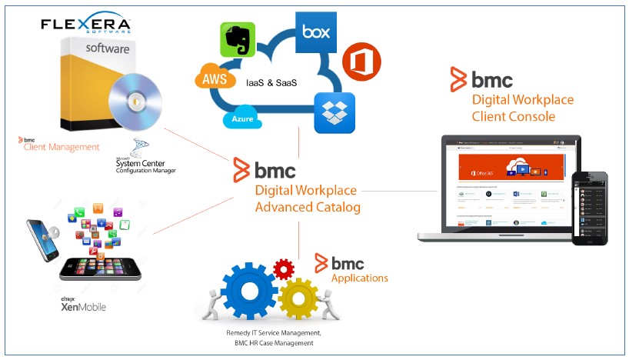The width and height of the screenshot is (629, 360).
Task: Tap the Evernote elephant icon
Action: [x=238, y=39]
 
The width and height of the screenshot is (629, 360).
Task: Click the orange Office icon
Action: [x=358, y=62]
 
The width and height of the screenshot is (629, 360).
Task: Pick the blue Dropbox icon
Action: [x=334, y=112]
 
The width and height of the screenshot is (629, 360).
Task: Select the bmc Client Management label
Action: [x=62, y=146]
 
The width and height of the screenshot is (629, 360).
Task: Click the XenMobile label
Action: [x=83, y=306]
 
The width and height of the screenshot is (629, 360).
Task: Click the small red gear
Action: [x=284, y=269]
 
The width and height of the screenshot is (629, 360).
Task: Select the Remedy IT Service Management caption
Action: [x=262, y=332]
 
